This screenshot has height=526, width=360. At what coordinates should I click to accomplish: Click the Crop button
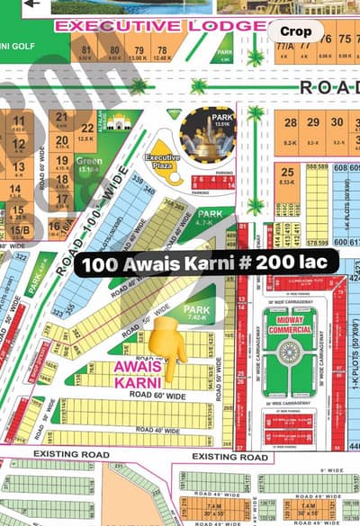[x=295, y=31]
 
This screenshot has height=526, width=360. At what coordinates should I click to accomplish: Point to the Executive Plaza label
[x=164, y=162]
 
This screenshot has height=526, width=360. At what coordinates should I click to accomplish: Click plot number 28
[x=289, y=123]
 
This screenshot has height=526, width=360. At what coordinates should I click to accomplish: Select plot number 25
[x=287, y=174]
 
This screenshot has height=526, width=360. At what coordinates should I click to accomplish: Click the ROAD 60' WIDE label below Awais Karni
[x=157, y=396]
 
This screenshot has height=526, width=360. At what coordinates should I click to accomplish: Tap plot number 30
[x=337, y=123]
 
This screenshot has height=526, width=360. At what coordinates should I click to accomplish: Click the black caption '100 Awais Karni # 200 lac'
[x=207, y=262]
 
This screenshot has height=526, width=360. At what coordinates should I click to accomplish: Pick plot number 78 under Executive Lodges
[x=162, y=50]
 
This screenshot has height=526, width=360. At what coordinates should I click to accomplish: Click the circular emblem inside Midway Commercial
[x=290, y=351]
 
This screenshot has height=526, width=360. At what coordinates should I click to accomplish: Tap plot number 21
[x=61, y=116]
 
